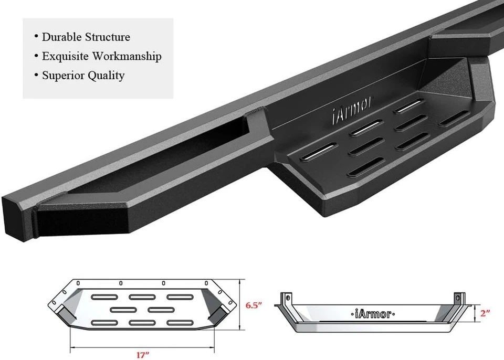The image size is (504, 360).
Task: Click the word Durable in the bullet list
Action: tap(61, 37)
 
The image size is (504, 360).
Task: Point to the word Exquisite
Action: tap(65, 56)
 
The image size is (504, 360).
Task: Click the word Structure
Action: tap(107, 37)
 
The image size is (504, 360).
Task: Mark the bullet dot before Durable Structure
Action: tap(36, 37)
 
